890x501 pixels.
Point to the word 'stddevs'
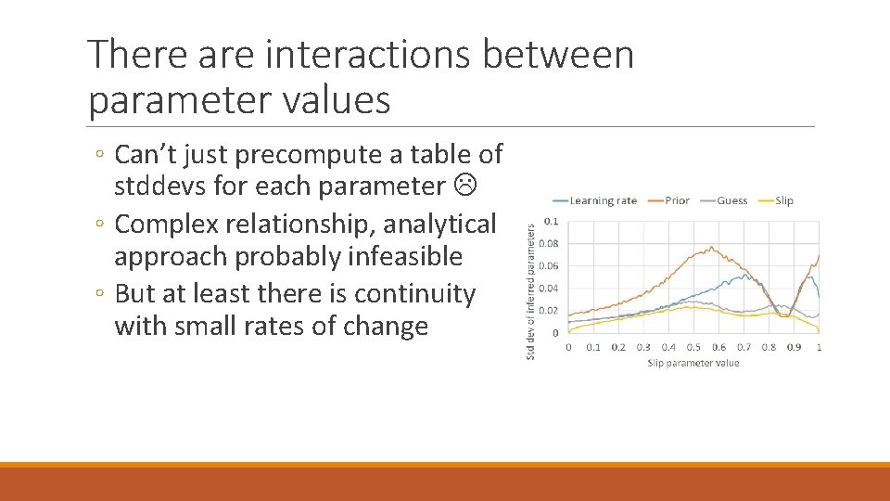tap(158, 186)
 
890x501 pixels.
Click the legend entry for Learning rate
tap(595, 200)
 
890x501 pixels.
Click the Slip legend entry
tap(776, 200)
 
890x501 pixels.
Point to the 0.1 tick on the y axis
tap(551, 221)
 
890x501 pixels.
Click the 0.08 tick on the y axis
tap(549, 243)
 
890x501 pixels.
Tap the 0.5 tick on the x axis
tap(693, 347)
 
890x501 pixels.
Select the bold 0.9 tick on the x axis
tap(795, 347)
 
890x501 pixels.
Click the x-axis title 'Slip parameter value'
tap(693, 363)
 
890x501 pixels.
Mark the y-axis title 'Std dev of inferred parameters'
tap(531, 290)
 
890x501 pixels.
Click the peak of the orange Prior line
tap(710, 247)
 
